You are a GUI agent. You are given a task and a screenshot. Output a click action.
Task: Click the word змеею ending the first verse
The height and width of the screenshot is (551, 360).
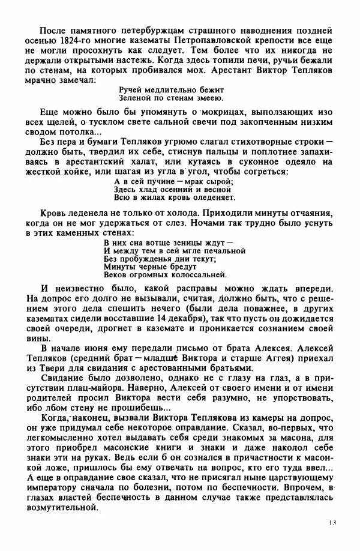pyautogui.click(x=209, y=98)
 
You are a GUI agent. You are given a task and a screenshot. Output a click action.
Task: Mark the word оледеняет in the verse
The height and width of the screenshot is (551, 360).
pyautogui.click(x=211, y=197)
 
